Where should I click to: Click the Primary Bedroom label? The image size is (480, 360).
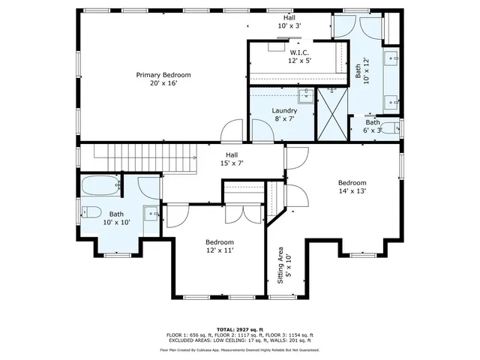(x=163, y=79)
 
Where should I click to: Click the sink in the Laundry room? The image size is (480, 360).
(x=304, y=95)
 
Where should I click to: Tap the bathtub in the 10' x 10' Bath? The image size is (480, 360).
(x=99, y=184)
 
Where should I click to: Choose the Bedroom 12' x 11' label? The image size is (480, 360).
(x=220, y=247)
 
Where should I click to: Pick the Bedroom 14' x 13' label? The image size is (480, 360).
(x=352, y=187)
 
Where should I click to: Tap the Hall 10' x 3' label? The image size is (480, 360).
(x=288, y=21)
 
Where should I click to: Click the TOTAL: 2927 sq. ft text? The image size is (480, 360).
(x=239, y=329)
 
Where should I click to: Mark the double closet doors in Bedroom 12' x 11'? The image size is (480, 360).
(x=244, y=212)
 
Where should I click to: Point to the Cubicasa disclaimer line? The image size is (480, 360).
(x=239, y=349)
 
